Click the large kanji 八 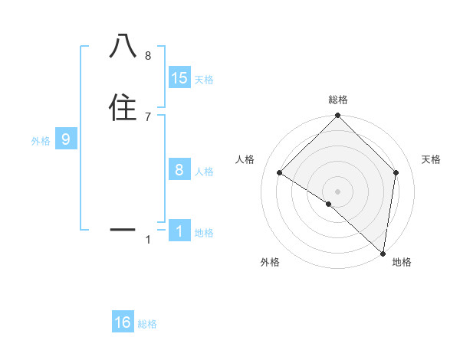[123, 46]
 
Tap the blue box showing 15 [179, 78]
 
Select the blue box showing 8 [179, 170]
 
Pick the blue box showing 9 [66, 139]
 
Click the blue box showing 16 [123, 322]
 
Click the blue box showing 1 [179, 231]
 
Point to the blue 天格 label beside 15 [204, 79]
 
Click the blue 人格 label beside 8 [204, 171]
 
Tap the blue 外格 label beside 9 [41, 140]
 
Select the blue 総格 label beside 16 [147, 324]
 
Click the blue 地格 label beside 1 [204, 232]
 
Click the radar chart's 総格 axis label [338, 100]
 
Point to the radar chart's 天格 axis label [432, 159]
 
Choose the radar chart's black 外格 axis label [270, 262]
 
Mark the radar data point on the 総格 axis [338, 116]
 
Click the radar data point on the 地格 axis [382, 253]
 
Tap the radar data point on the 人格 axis [280, 173]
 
